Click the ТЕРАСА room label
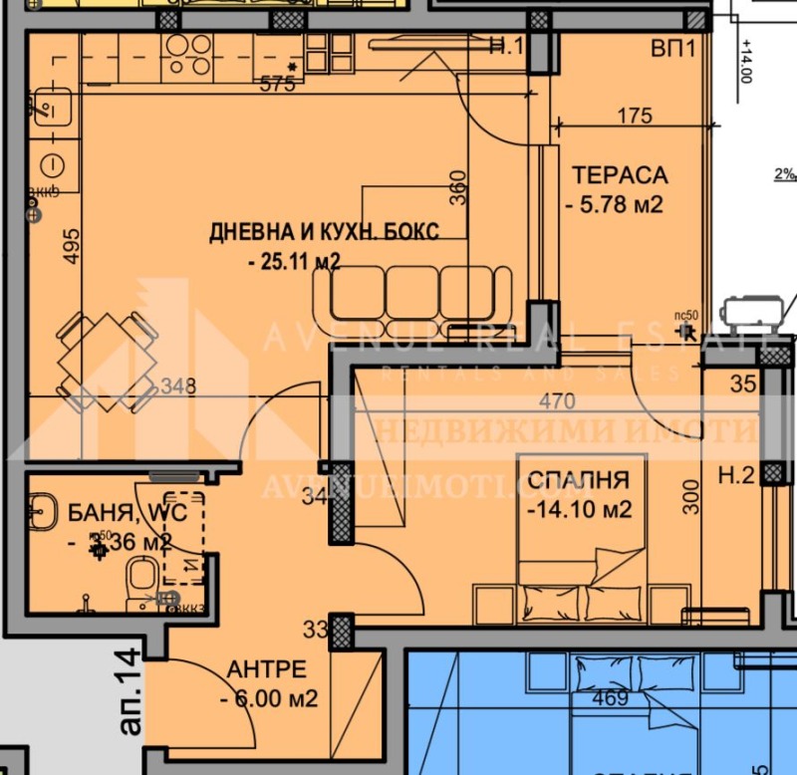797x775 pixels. (x=619, y=175)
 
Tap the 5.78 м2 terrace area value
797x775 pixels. (x=615, y=206)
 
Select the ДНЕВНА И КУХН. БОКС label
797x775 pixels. (x=324, y=232)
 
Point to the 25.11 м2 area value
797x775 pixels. (x=295, y=262)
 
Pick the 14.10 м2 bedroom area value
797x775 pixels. (x=579, y=511)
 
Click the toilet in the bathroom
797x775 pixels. (x=140, y=577)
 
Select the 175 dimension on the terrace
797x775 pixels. (x=635, y=116)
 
